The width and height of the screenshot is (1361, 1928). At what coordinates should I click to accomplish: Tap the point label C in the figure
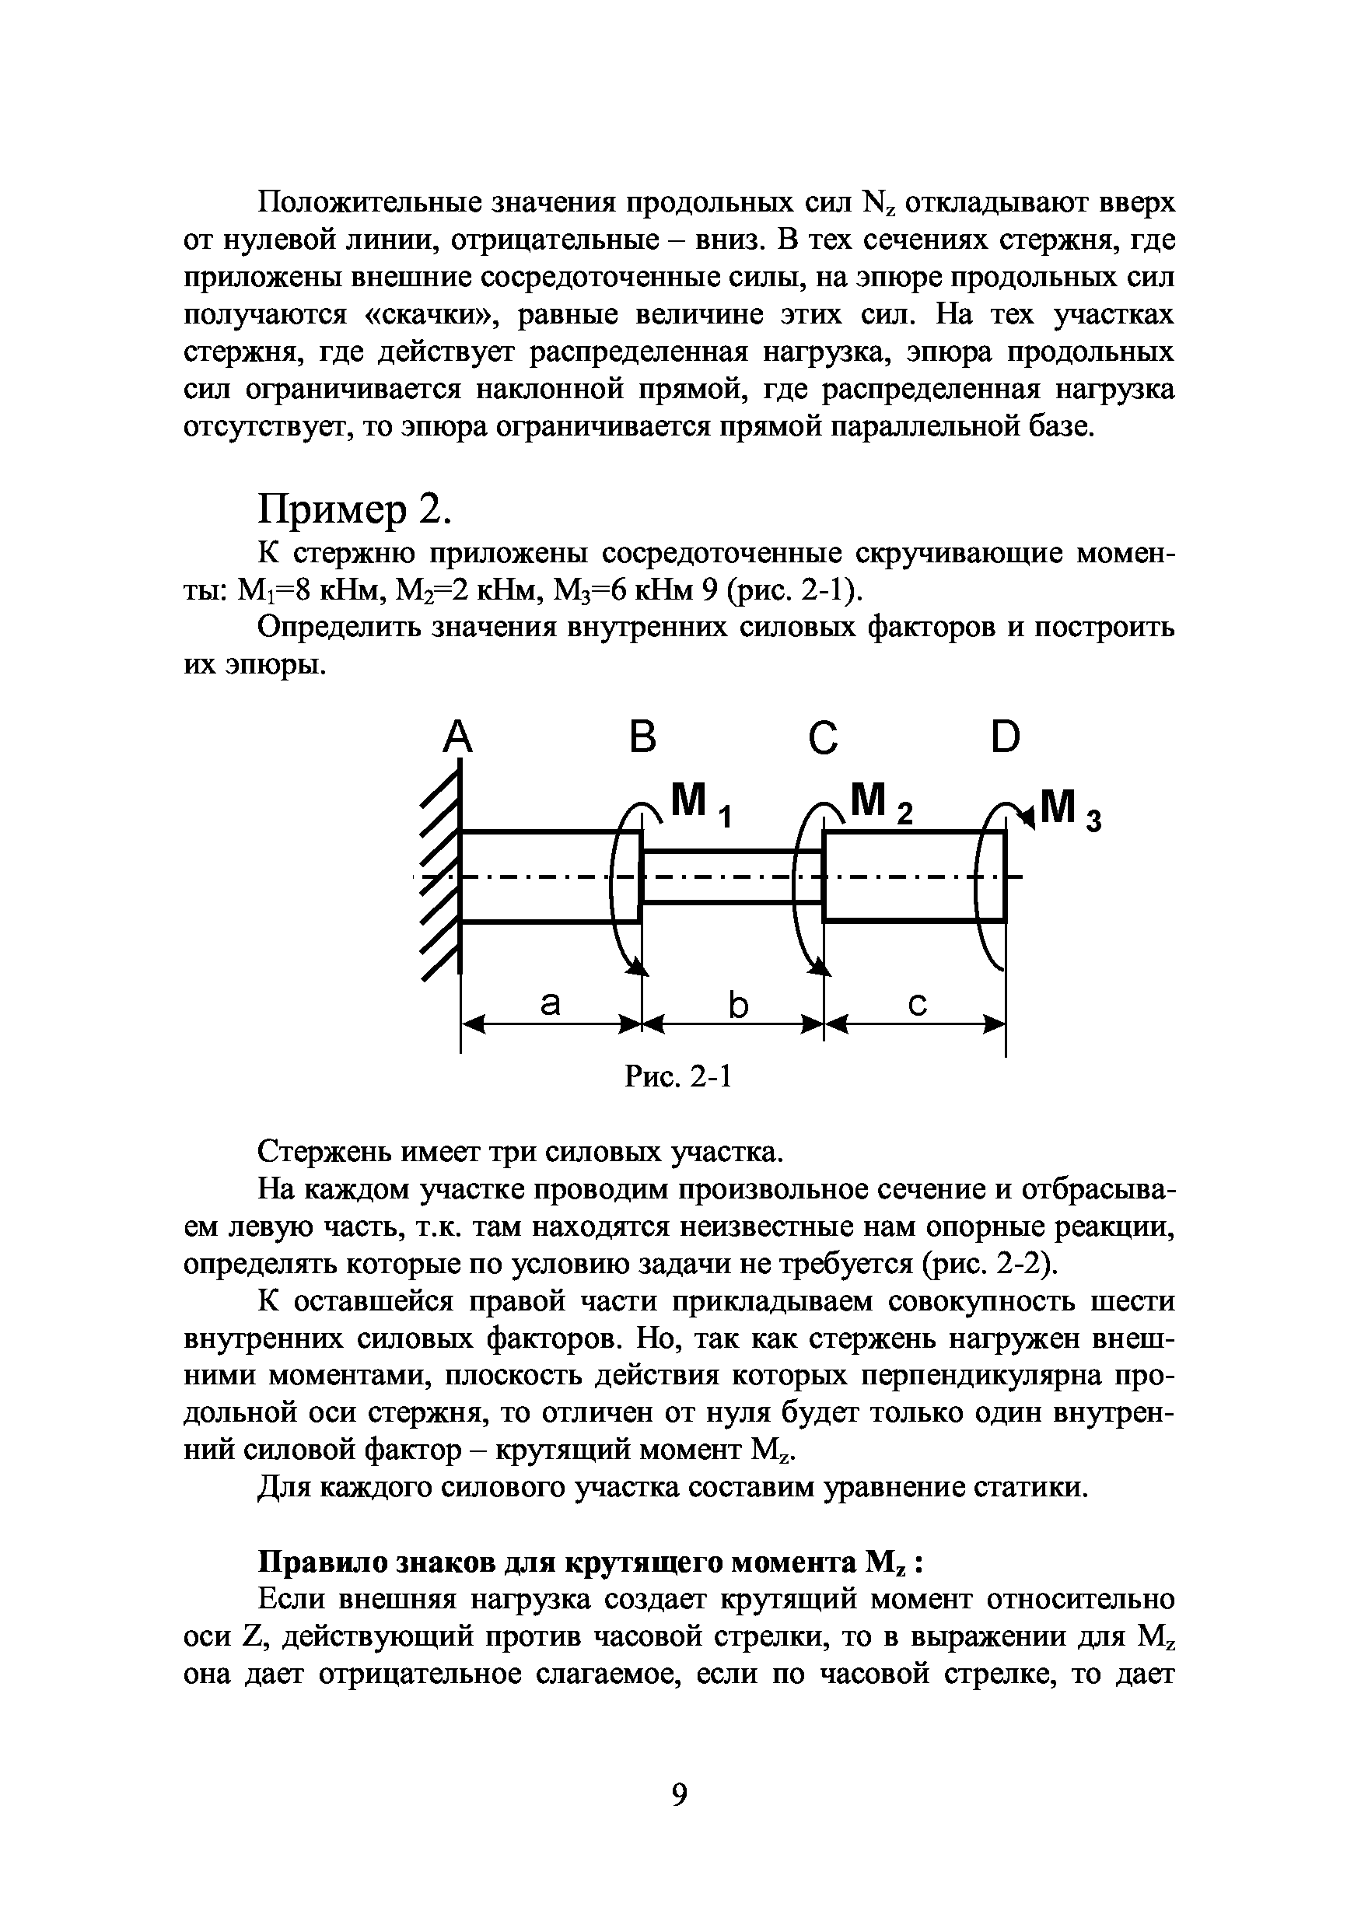point(824,738)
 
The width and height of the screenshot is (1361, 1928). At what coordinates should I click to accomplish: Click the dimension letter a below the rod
point(550,1003)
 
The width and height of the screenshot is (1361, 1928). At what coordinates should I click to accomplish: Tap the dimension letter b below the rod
point(737,1004)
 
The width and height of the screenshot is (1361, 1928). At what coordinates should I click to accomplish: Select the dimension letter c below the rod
point(918,1004)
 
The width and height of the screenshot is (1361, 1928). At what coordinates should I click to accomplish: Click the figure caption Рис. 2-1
point(678,1076)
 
